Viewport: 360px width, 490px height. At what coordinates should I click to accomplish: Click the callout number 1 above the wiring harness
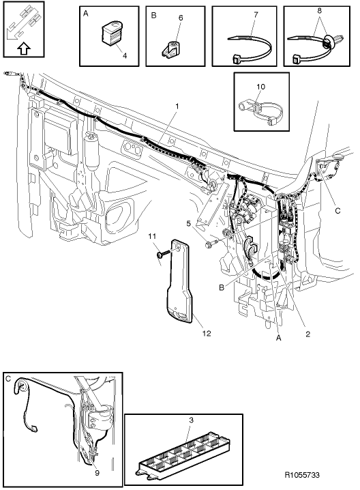177,106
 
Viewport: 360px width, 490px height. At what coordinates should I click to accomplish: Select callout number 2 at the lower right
308,334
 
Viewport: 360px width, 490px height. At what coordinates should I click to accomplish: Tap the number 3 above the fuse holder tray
192,420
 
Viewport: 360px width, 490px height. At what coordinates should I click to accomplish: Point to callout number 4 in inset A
125,56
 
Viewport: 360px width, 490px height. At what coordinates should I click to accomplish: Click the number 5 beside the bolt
188,224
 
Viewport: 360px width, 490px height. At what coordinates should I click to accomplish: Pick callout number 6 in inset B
181,18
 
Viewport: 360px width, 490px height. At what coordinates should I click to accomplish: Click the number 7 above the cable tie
256,14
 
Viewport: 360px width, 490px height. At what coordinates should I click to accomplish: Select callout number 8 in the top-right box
319,11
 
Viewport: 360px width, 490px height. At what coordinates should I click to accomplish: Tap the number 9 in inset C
97,474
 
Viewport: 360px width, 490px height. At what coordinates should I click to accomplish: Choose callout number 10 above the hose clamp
260,87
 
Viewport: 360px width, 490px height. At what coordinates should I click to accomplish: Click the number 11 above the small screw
152,236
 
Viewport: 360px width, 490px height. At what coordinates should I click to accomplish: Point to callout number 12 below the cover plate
207,334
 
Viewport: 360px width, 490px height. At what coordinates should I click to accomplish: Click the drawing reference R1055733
302,475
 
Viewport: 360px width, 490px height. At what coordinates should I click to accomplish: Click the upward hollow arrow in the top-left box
24,48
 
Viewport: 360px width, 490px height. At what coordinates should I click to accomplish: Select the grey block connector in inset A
111,33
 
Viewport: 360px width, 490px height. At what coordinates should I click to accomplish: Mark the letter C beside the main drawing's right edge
337,211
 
